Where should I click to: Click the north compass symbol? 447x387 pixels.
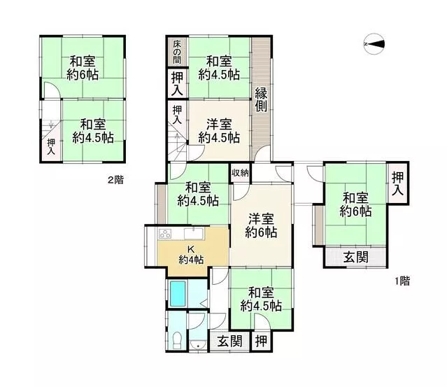374,43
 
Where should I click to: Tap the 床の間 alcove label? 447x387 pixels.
177,52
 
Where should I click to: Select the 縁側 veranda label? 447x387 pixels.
261,100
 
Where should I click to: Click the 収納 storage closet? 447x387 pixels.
241,173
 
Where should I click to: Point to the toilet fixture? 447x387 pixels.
177,340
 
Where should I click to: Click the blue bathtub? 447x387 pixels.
178,293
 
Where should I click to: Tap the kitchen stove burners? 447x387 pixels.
165,234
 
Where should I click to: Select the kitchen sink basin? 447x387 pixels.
194,234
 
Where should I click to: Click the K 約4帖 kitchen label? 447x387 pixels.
191,255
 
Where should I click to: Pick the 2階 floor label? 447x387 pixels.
115,180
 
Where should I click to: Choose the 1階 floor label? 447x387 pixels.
402,281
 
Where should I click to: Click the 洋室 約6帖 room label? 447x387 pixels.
261,225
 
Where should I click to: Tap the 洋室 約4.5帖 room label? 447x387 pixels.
219,131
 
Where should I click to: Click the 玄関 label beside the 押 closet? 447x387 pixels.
229,341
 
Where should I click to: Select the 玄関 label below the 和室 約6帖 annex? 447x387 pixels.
355,258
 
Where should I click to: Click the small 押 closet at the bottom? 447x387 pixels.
261,341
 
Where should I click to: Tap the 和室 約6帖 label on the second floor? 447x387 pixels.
83,68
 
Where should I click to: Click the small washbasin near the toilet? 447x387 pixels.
197,345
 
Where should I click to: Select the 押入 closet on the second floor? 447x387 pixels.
51,146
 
